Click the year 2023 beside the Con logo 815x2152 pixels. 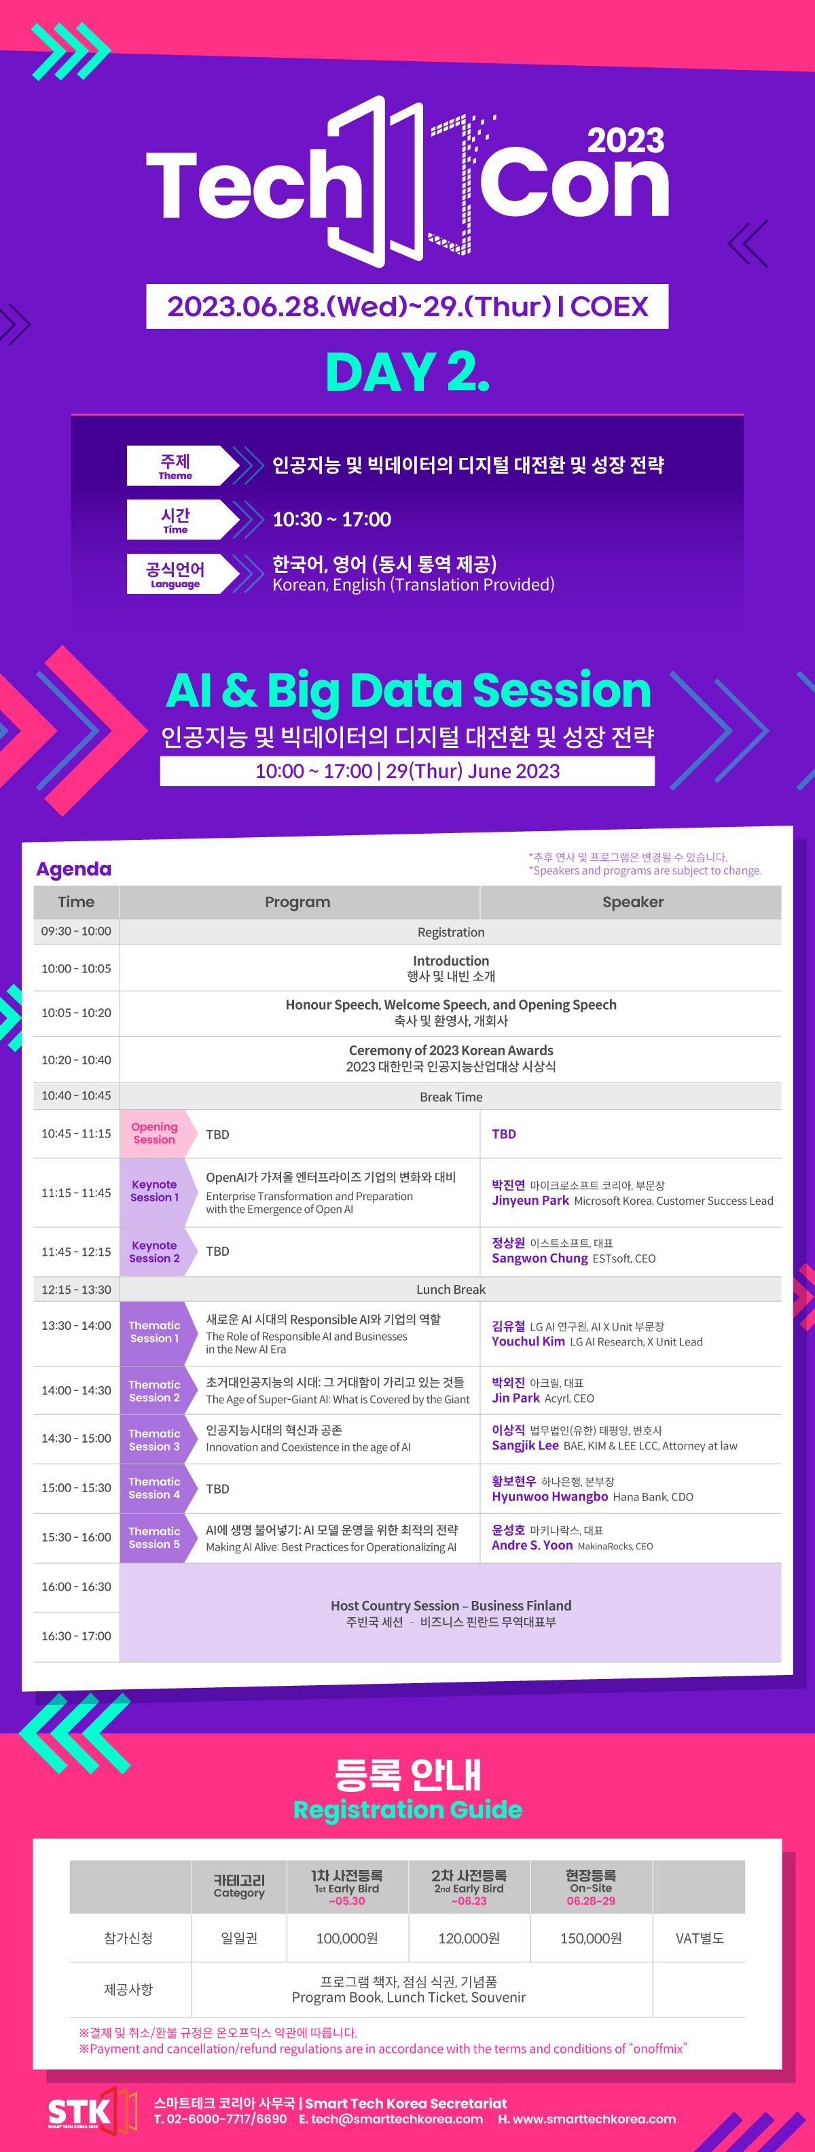pos(626,141)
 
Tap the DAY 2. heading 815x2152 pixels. pos(407,372)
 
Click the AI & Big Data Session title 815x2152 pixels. pos(408,690)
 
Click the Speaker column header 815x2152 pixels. pos(633,902)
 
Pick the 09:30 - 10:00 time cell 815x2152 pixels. pos(76,932)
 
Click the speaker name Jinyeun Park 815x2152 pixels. pos(530,1201)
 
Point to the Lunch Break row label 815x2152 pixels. pos(451,1289)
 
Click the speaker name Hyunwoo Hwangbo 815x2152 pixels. pos(549,1496)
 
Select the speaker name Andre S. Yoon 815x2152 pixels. pos(532,1545)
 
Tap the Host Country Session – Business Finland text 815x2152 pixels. pos(451,1606)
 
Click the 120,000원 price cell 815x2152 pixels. pos(469,1938)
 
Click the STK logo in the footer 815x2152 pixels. pos(92,2112)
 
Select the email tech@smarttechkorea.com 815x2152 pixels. pos(391,2119)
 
